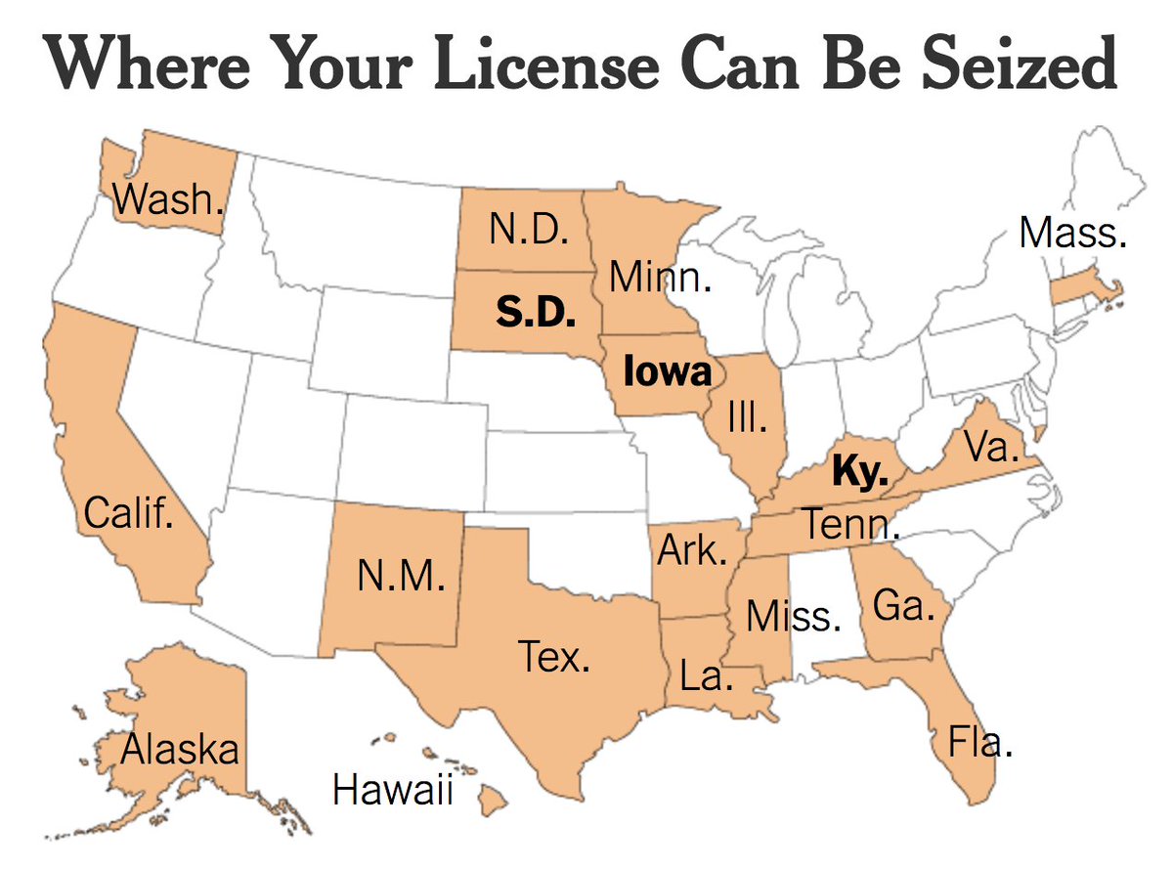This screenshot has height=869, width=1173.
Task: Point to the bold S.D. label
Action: click(x=535, y=314)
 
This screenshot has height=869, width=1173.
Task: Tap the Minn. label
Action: click(x=660, y=278)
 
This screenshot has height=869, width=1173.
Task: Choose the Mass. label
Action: click(x=1072, y=233)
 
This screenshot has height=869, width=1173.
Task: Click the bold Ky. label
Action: click(x=858, y=472)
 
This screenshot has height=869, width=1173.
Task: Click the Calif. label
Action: click(x=129, y=512)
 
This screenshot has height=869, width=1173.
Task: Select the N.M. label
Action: click(x=401, y=577)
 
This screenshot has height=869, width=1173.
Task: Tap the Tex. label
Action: click(x=554, y=657)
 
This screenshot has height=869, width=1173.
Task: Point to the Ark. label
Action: click(x=692, y=549)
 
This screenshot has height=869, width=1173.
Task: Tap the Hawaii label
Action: click(x=393, y=790)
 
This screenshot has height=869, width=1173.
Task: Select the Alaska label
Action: click(x=180, y=750)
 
